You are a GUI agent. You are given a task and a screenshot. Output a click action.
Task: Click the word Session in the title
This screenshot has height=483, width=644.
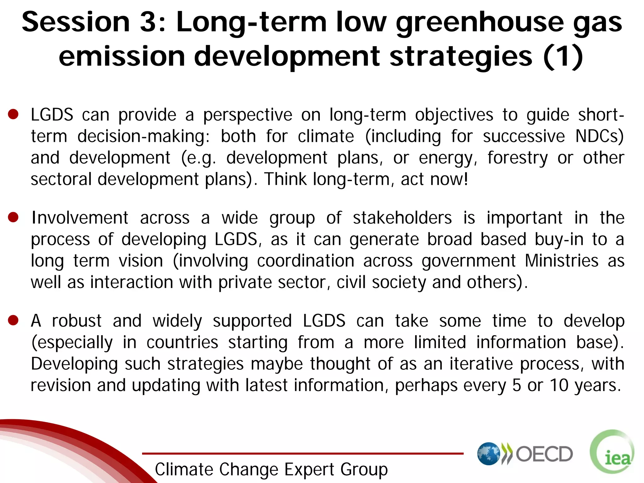click(75, 22)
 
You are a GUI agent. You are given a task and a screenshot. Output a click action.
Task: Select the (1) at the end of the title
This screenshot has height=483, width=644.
click(563, 57)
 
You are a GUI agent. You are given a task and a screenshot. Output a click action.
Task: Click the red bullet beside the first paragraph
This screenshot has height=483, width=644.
click(13, 114)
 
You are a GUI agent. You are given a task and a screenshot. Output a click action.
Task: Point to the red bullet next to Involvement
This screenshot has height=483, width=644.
click(13, 217)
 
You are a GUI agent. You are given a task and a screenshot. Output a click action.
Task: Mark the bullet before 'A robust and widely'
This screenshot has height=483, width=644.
click(13, 320)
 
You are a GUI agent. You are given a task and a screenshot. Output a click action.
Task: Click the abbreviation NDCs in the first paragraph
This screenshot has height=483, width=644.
click(599, 136)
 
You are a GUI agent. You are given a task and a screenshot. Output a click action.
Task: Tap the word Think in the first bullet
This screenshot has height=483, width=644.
click(285, 179)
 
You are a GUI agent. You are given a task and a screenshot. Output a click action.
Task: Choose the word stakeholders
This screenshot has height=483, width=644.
click(402, 218)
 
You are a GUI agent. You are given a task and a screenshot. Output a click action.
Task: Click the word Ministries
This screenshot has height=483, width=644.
click(561, 261)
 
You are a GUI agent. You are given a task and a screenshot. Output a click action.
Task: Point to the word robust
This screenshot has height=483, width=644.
click(77, 321)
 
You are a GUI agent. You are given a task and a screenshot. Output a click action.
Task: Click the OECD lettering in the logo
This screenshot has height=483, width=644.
click(544, 454)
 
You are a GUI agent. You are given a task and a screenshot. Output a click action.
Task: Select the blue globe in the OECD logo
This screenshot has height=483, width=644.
click(488, 453)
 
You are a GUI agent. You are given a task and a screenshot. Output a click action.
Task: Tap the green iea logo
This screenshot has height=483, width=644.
click(612, 452)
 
